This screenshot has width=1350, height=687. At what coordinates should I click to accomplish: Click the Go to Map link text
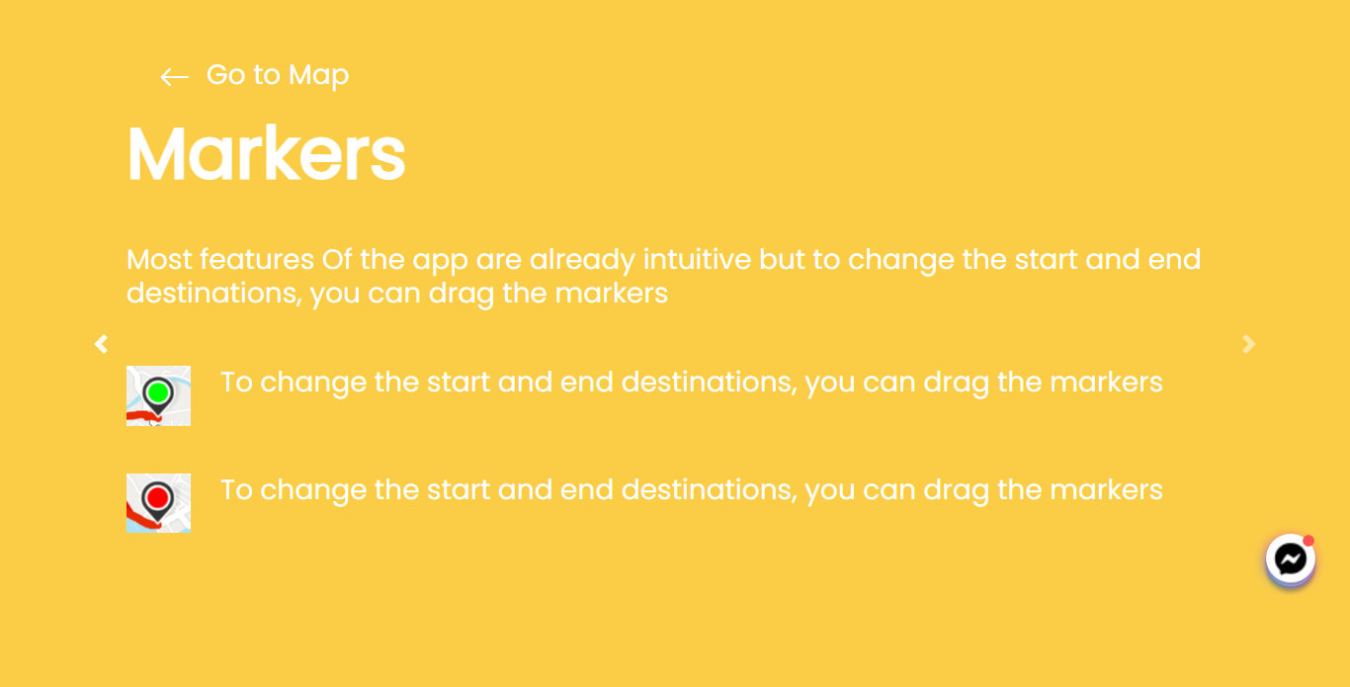click(277, 75)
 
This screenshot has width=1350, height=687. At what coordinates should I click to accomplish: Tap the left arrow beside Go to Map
click(174, 77)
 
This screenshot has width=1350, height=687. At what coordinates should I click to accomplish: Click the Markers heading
click(266, 153)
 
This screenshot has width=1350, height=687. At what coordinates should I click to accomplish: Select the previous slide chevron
click(101, 344)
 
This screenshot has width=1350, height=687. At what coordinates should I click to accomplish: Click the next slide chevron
click(1249, 344)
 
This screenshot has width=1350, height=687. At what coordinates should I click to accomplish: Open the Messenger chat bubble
click(1290, 560)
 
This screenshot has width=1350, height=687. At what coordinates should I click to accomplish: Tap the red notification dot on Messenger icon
click(1308, 541)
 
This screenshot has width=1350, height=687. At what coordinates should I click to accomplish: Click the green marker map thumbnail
click(158, 395)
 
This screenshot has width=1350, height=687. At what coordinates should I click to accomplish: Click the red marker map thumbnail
click(158, 503)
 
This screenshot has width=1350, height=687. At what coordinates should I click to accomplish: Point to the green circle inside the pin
click(157, 392)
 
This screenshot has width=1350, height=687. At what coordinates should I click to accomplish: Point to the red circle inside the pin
click(157, 496)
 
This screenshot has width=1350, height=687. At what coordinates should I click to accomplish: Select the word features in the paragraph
click(256, 260)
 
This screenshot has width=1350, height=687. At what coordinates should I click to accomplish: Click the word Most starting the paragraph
click(159, 260)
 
